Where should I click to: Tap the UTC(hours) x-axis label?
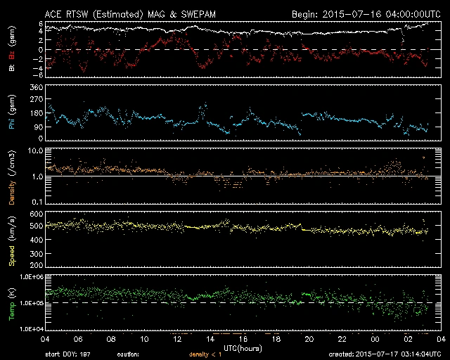pyautogui.click(x=243, y=347)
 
